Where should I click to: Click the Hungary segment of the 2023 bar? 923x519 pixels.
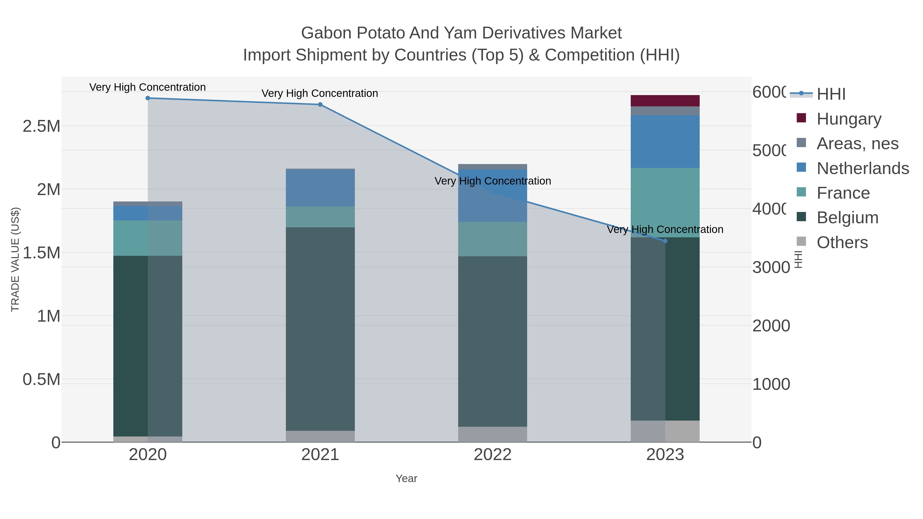(665, 101)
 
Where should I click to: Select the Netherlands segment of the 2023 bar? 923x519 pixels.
(665, 141)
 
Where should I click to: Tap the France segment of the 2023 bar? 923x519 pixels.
(665, 202)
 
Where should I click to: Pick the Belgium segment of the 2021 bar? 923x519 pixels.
(320, 329)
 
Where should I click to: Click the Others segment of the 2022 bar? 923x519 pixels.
(493, 434)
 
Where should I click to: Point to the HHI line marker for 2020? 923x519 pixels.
(148, 98)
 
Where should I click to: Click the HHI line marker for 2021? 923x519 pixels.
(320, 105)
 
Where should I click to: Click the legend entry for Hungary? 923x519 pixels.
(848, 119)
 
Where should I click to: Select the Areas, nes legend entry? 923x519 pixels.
(857, 144)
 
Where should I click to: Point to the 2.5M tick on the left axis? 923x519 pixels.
(42, 126)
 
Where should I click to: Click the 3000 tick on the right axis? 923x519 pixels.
(771, 268)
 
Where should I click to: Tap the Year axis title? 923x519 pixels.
(406, 479)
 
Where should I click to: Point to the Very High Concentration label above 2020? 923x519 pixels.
(148, 87)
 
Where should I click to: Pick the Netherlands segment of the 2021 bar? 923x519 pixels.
(320, 188)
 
